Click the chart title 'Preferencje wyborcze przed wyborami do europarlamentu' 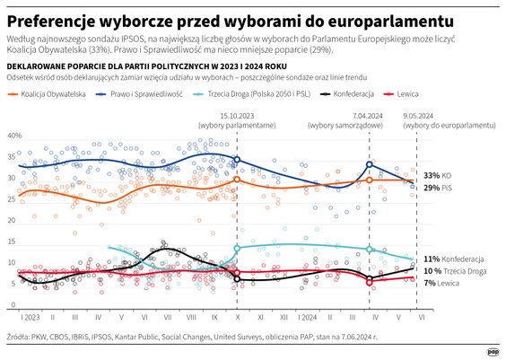click(x=229, y=20)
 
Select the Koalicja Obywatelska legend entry click(x=44, y=92)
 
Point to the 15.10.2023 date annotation click(x=236, y=117)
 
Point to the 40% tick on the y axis click(x=14, y=136)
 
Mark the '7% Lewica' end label click(x=442, y=283)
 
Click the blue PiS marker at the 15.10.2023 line click(x=236, y=160)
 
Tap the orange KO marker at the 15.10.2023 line click(x=236, y=180)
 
